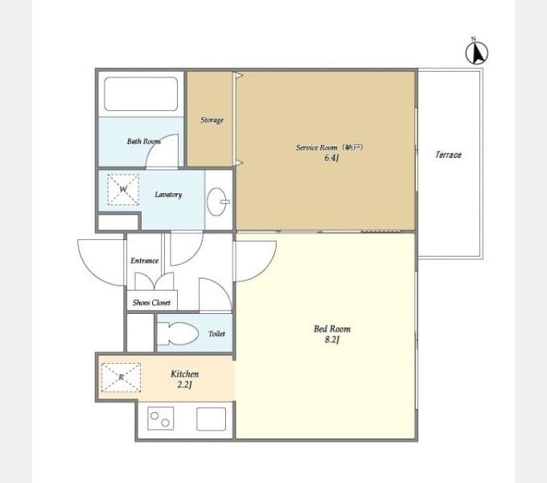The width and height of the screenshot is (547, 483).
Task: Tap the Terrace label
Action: pyautogui.click(x=448, y=155)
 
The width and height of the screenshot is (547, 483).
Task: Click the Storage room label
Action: pyautogui.click(x=212, y=120)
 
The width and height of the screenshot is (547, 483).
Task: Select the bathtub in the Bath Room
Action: pyautogui.click(x=141, y=94)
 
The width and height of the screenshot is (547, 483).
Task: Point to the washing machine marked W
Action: pyautogui.click(x=123, y=189)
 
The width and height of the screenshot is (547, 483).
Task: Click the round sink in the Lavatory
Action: pyautogui.click(x=217, y=202)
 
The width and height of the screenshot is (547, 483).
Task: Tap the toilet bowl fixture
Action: pyautogui.click(x=178, y=333)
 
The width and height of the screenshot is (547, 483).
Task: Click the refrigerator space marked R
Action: pyautogui.click(x=121, y=378)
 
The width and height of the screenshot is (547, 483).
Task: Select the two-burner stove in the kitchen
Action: pyautogui.click(x=160, y=419)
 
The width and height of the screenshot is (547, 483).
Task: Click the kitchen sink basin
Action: pyautogui.click(x=211, y=419)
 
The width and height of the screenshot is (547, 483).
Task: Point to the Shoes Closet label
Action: pyautogui.click(x=152, y=303)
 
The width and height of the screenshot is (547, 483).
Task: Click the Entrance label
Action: pyautogui.click(x=145, y=261)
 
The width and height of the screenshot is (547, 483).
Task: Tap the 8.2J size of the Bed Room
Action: pyautogui.click(x=331, y=340)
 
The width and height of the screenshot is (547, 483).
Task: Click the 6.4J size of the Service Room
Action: pyautogui.click(x=331, y=158)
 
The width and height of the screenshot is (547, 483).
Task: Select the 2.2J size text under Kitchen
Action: pyautogui.click(x=184, y=385)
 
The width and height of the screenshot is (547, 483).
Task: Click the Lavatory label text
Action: pyautogui.click(x=168, y=194)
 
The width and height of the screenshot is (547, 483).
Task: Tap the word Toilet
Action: pyautogui.click(x=216, y=334)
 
